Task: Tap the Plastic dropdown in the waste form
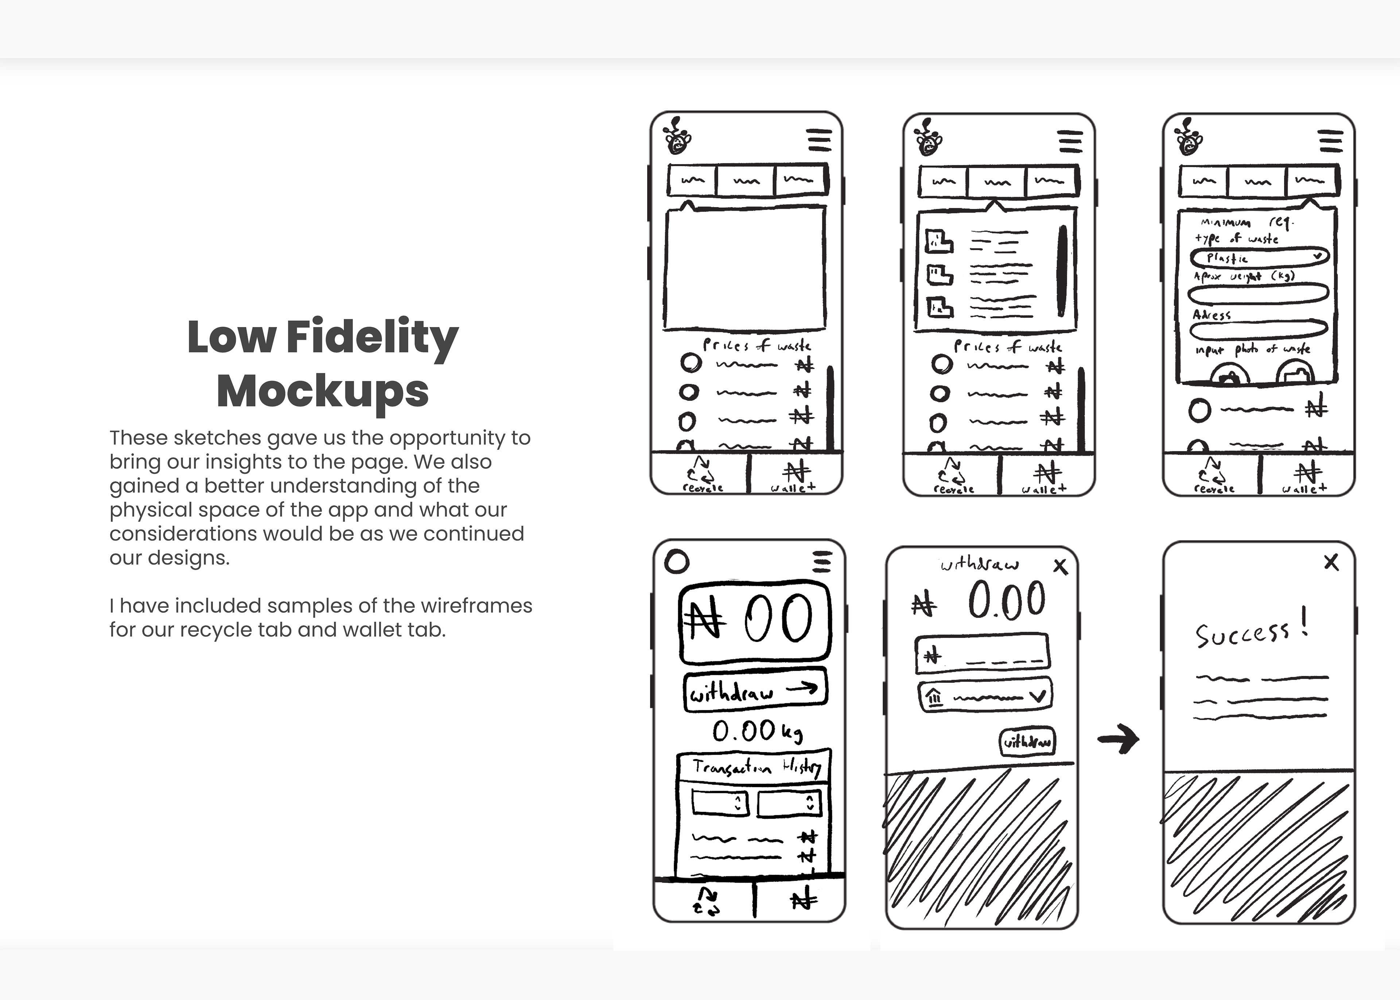1259,257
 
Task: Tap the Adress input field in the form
1258,330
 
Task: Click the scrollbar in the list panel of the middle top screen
1062,271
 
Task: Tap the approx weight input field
1258,293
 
